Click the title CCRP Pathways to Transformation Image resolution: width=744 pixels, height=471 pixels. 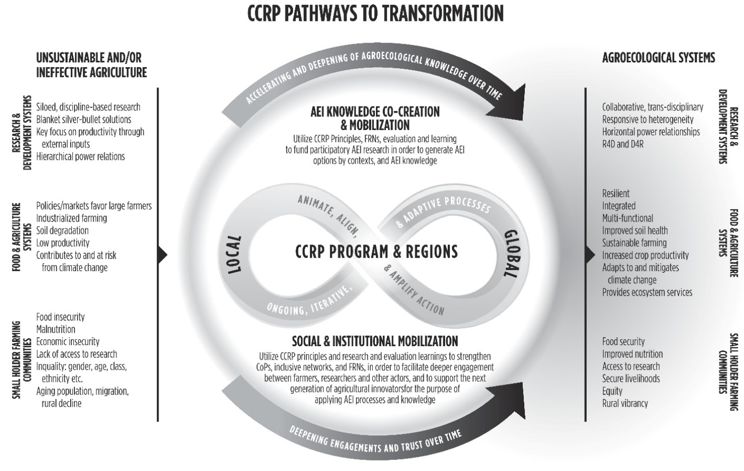375,14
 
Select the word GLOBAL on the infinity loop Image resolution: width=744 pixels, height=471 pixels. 511,253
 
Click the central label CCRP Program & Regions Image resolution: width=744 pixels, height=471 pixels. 376,252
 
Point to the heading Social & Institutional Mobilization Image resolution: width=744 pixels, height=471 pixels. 375,341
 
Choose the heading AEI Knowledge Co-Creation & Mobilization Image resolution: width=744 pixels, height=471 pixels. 375,118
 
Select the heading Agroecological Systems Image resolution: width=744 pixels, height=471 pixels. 658,58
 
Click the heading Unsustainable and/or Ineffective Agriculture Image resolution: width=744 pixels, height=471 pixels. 91,65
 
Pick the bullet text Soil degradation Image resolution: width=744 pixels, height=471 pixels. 62,230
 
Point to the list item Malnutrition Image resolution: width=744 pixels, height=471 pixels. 56,329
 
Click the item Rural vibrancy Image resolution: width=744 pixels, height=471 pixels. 625,403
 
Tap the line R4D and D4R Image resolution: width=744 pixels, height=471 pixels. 623,144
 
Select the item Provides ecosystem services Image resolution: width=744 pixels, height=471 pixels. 647,292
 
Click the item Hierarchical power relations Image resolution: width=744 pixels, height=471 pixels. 80,156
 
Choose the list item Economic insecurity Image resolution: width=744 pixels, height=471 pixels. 68,341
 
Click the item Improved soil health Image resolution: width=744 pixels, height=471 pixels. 635,230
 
